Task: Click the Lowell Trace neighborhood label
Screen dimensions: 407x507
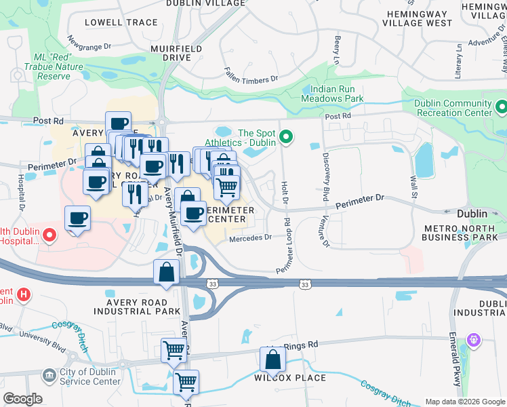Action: click(121, 22)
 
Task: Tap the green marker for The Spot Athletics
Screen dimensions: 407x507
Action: click(286, 138)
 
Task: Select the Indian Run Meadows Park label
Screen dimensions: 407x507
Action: click(337, 94)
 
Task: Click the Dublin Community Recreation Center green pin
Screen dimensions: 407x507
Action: click(501, 107)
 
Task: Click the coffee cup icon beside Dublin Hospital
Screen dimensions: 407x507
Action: click(78, 218)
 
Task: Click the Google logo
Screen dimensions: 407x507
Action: click(22, 399)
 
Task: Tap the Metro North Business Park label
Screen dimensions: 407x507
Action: click(460, 233)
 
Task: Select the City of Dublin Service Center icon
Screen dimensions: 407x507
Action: click(49, 374)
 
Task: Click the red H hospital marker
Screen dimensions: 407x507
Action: click(24, 294)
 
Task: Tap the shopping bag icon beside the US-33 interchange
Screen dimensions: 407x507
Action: click(166, 273)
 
